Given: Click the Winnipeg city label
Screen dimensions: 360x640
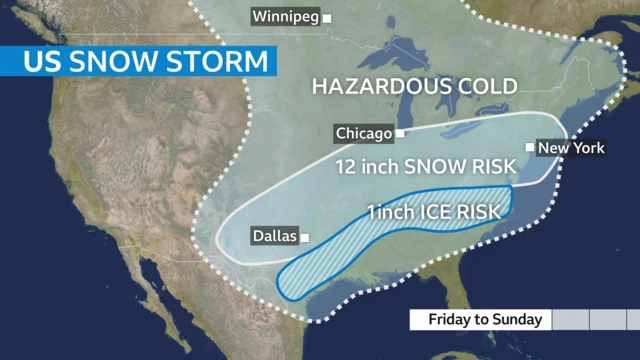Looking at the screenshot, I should tap(286, 18).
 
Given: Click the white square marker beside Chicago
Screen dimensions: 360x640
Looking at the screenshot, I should tap(400, 133).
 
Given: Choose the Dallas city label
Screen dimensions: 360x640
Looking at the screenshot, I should tap(273, 237).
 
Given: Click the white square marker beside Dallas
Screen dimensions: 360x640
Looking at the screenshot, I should tap(305, 237).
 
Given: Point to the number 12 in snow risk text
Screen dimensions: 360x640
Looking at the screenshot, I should tap(346, 167).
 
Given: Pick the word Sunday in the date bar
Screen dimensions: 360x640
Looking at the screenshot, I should tap(520, 320).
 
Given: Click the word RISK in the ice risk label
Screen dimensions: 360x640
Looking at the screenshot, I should tap(476, 213).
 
